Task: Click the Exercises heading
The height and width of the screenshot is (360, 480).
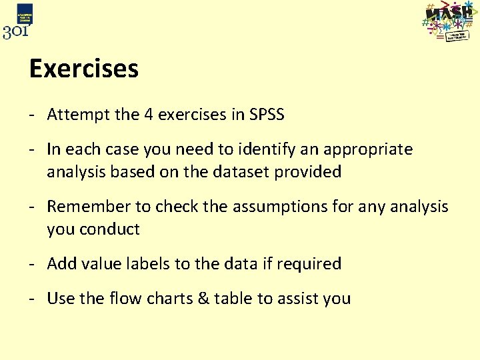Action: [x=84, y=69]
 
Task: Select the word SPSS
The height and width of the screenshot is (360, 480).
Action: [x=267, y=115]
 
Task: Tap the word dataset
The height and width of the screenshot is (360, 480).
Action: [x=243, y=172]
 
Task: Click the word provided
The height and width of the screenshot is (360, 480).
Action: [x=311, y=172]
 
